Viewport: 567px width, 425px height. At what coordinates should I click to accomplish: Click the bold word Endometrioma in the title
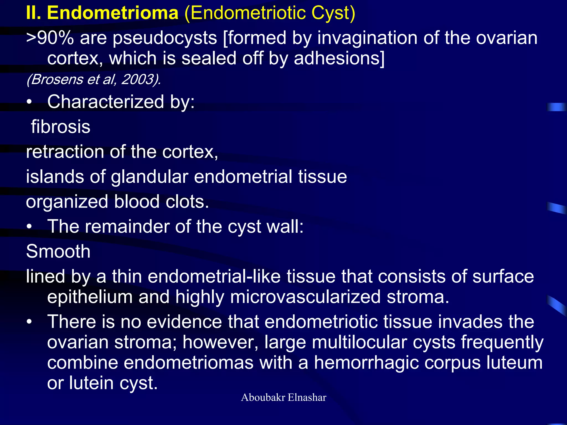(x=113, y=13)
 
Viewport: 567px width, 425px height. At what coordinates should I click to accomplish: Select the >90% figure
(x=50, y=38)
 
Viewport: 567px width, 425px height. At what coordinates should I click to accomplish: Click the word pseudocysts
(x=165, y=38)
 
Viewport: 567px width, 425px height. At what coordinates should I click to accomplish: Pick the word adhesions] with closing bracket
(x=339, y=58)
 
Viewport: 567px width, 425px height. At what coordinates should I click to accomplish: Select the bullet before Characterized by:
(x=29, y=102)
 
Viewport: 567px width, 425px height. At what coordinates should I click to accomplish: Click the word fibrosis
(x=61, y=127)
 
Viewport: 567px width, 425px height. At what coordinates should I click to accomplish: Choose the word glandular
(x=150, y=177)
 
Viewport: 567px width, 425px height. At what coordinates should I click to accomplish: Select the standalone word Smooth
(x=58, y=252)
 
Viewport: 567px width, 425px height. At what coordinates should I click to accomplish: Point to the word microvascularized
(x=305, y=297)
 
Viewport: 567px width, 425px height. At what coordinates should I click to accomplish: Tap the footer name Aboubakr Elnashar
(x=283, y=398)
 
